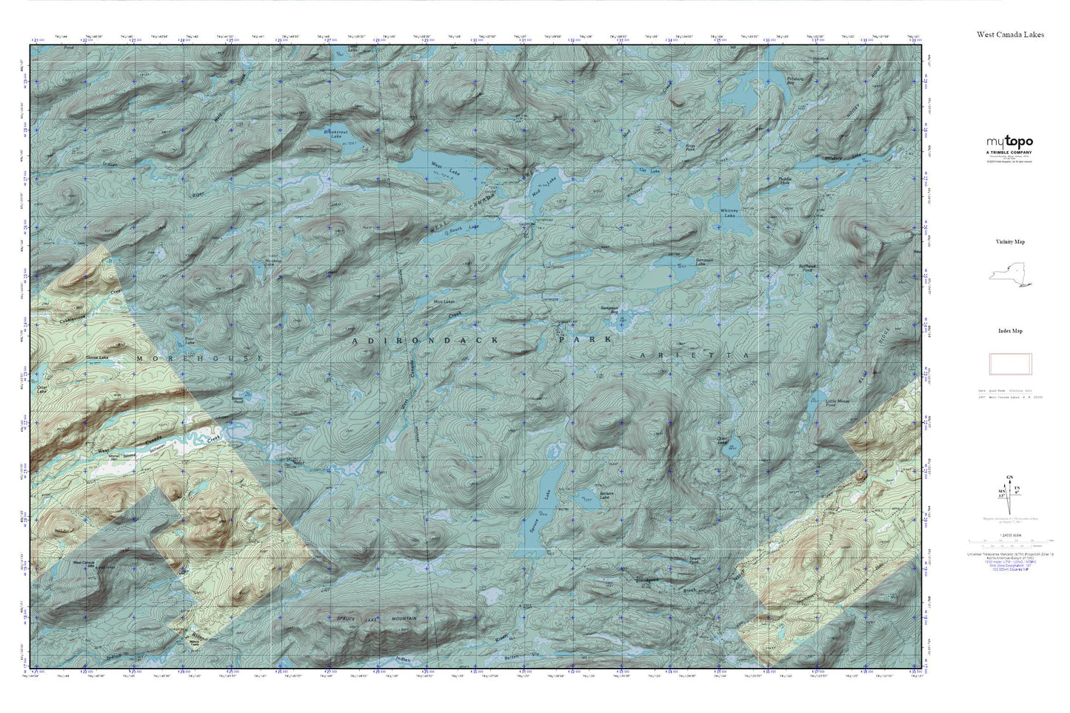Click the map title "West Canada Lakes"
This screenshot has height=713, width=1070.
[1010, 34]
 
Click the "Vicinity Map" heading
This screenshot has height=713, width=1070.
[1010, 242]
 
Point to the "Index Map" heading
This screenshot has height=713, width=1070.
[1010, 331]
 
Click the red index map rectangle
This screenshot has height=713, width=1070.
[1010, 364]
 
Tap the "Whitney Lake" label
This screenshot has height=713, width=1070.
[729, 212]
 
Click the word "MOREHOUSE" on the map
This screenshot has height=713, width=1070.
[199, 358]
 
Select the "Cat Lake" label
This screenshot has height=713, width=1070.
[648, 170]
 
